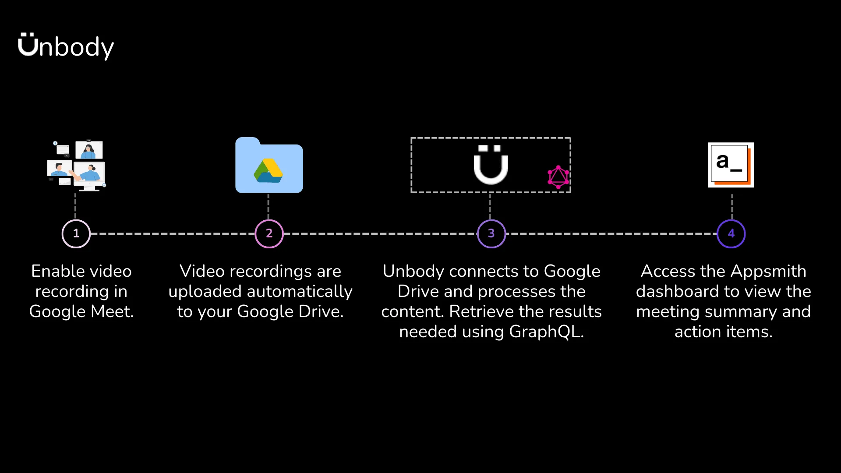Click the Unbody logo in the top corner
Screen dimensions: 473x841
pos(66,46)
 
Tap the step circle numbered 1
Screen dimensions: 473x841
pos(76,233)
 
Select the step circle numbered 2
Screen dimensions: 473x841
pos(269,233)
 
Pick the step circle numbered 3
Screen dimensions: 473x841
pos(491,233)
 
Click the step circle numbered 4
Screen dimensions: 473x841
pos(731,233)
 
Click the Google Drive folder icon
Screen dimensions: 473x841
pos(269,166)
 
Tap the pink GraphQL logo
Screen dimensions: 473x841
pos(558,177)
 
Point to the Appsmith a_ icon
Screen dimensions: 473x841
pos(731,165)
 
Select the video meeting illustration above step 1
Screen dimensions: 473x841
pos(77,166)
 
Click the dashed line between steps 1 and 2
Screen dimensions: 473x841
pos(173,234)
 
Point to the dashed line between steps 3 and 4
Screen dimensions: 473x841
pos(611,234)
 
